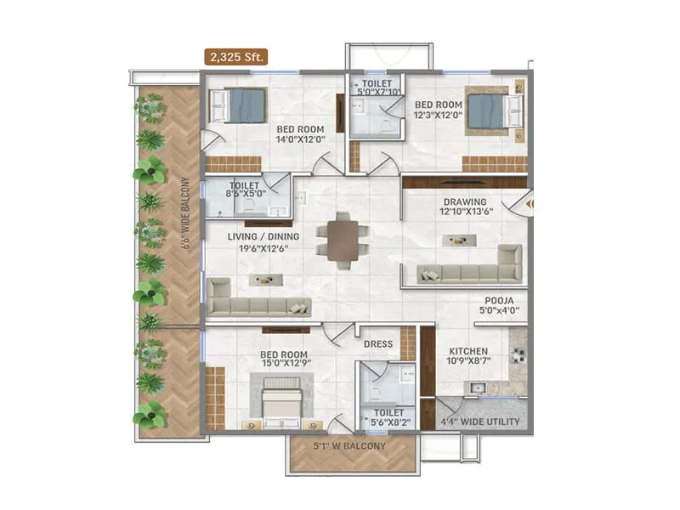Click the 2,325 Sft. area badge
235,57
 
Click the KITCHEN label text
467,351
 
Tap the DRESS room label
378,344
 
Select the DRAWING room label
463,202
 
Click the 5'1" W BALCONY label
351,445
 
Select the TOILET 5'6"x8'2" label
388,419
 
